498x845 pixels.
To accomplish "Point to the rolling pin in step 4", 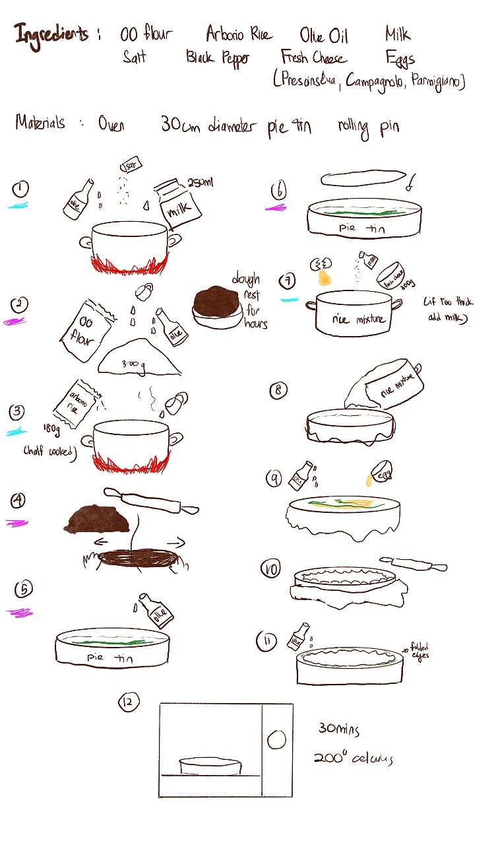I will tap(151, 500).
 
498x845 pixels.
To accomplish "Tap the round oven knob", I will tap(278, 739).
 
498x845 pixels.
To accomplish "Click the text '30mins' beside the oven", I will tap(339, 729).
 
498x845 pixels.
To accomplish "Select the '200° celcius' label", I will tap(353, 759).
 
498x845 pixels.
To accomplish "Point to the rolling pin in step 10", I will tap(418, 564).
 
